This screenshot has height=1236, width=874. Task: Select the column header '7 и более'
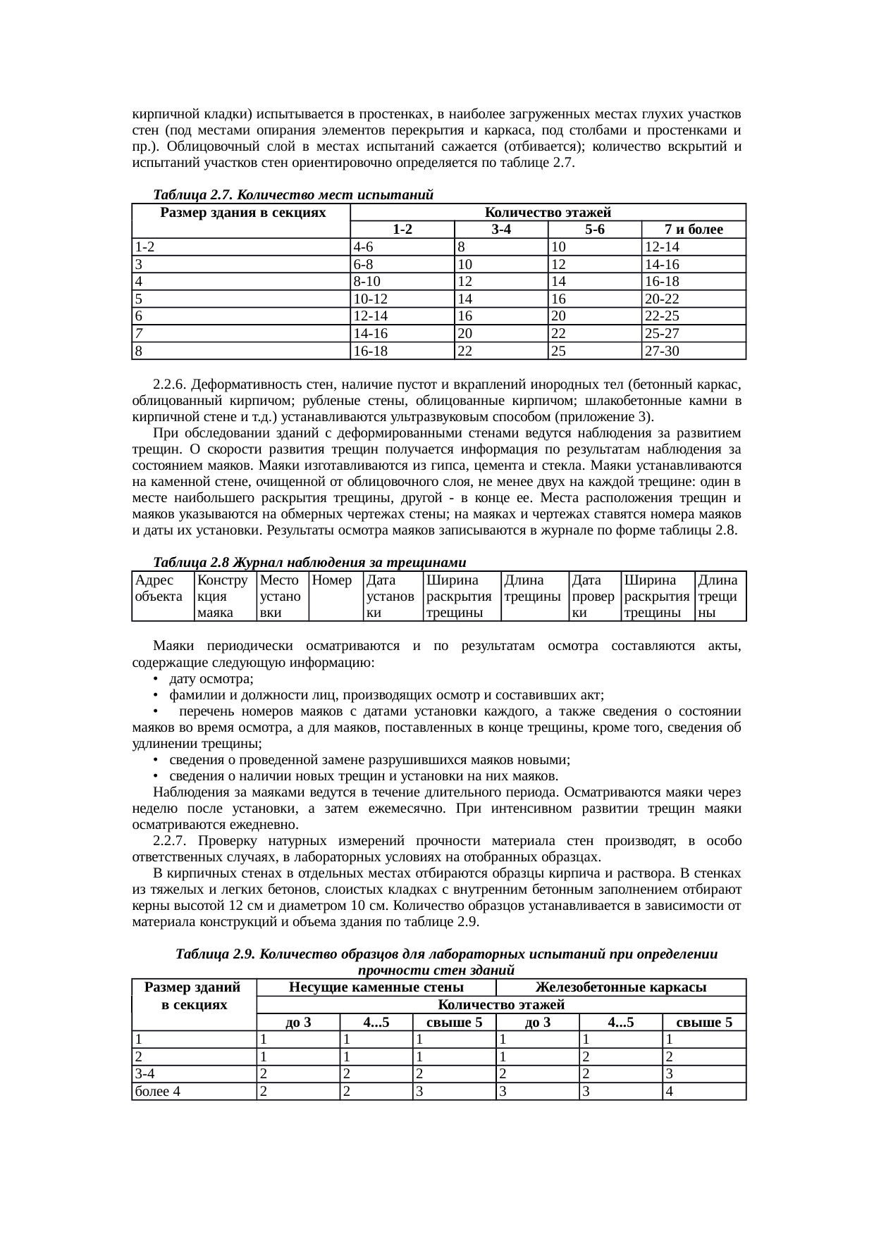click(x=694, y=230)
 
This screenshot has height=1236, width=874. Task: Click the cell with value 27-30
click(x=662, y=351)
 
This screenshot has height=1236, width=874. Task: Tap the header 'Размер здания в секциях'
click(x=242, y=212)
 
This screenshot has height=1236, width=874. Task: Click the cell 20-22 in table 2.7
click(x=662, y=299)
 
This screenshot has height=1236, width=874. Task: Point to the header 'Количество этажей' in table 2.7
click(x=548, y=212)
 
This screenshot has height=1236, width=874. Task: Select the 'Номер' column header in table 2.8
click(x=332, y=581)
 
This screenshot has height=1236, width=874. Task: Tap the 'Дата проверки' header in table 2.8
click(x=593, y=597)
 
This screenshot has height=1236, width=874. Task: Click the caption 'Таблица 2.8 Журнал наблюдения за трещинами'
click(x=309, y=562)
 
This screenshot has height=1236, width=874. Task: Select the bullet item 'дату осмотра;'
click(x=211, y=679)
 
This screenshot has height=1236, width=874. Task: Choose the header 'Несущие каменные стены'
click(x=376, y=987)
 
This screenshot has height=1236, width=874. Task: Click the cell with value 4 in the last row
click(x=669, y=1092)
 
